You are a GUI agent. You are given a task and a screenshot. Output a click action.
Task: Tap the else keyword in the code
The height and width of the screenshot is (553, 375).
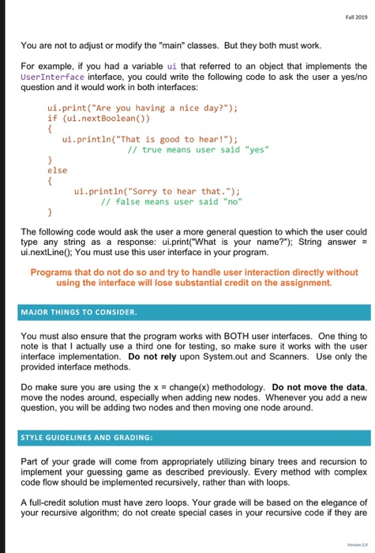[57, 170]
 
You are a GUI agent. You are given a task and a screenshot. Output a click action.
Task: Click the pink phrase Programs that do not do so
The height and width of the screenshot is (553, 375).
[95, 260]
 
